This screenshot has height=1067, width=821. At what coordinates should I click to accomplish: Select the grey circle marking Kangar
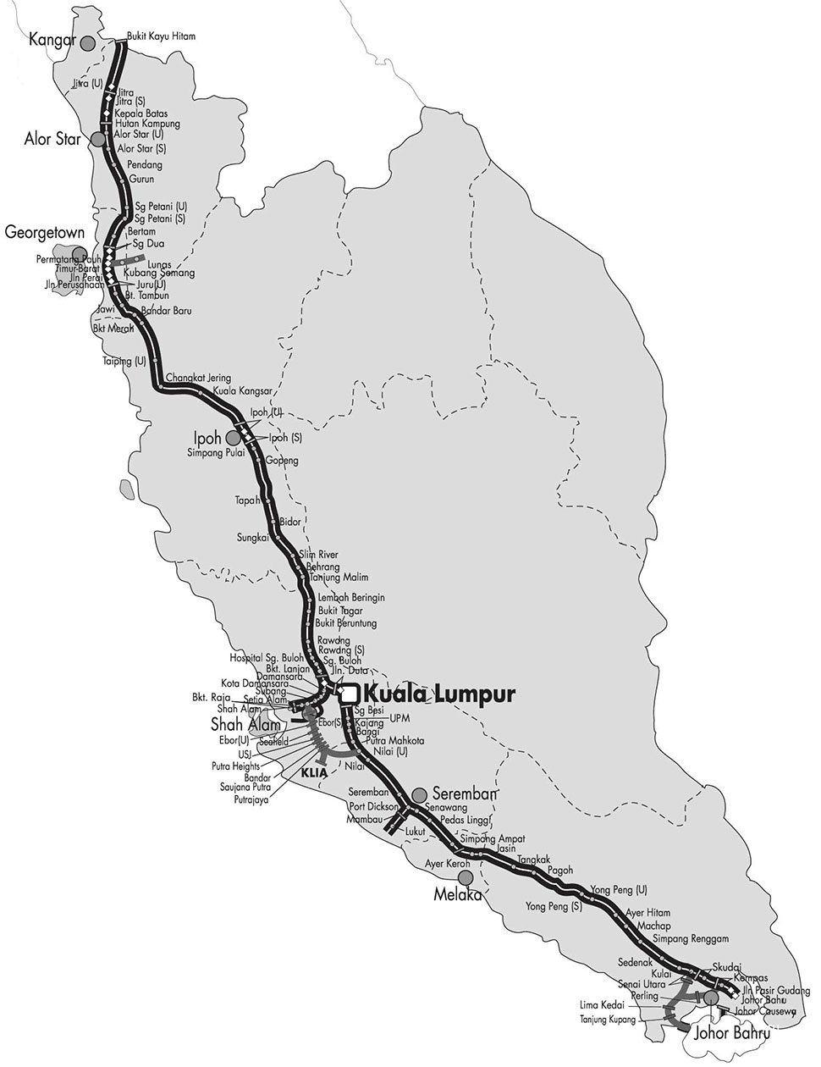[86, 41]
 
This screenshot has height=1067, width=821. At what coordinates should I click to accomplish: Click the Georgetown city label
[42, 231]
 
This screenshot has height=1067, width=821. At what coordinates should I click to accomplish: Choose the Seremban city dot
[418, 795]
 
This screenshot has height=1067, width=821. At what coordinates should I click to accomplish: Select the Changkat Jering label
[198, 378]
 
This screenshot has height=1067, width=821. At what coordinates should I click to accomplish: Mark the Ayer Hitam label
[647, 913]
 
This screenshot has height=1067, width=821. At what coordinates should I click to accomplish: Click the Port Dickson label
[367, 806]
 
